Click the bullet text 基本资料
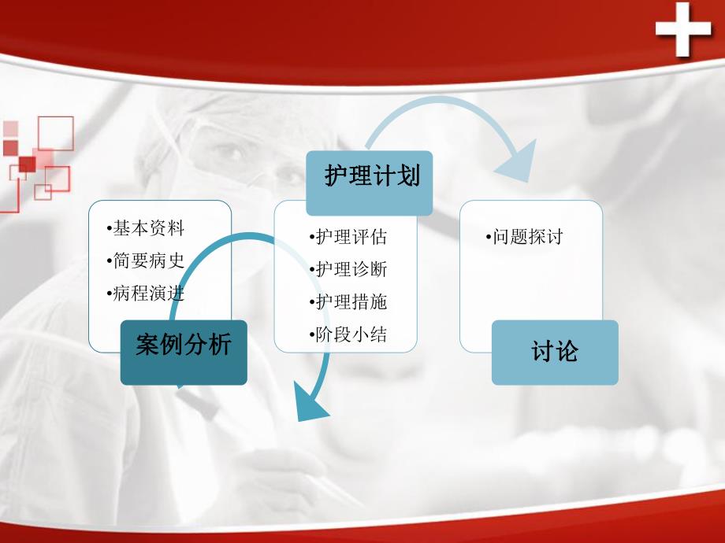tap(148, 229)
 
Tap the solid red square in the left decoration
tap(27, 164)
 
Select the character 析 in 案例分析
tap(218, 345)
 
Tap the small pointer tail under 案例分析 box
tap(180, 386)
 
